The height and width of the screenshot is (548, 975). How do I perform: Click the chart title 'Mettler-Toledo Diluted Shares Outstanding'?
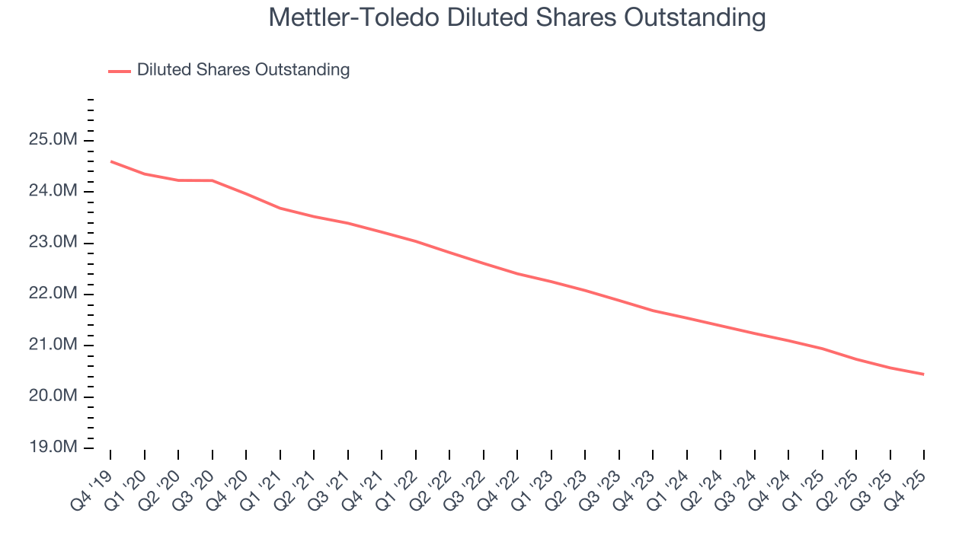pyautogui.click(x=517, y=18)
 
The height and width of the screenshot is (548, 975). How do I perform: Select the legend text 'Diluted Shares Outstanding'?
pyautogui.click(x=243, y=70)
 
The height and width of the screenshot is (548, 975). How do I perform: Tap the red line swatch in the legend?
pyautogui.click(x=120, y=71)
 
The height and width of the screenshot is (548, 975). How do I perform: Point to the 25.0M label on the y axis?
pyautogui.click(x=53, y=140)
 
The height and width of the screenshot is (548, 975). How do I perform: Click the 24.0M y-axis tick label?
pyautogui.click(x=53, y=191)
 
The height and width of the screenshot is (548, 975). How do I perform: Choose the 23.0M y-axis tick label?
pyautogui.click(x=53, y=243)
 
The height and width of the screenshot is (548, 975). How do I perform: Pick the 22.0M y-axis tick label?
pyautogui.click(x=53, y=294)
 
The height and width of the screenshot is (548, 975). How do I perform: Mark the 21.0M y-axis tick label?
pyautogui.click(x=53, y=345)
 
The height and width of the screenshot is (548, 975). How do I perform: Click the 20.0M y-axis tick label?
pyautogui.click(x=53, y=397)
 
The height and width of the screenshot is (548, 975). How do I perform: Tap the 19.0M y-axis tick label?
pyautogui.click(x=53, y=448)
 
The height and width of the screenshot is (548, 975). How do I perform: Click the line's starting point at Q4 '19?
pyautogui.click(x=111, y=161)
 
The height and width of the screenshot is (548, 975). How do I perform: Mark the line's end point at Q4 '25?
pyautogui.click(x=924, y=374)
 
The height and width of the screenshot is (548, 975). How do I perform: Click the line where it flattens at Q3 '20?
pyautogui.click(x=213, y=180)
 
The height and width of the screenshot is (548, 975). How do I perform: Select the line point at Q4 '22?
pyautogui.click(x=518, y=273)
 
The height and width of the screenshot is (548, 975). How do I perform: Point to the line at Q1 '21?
pyautogui.click(x=280, y=208)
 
